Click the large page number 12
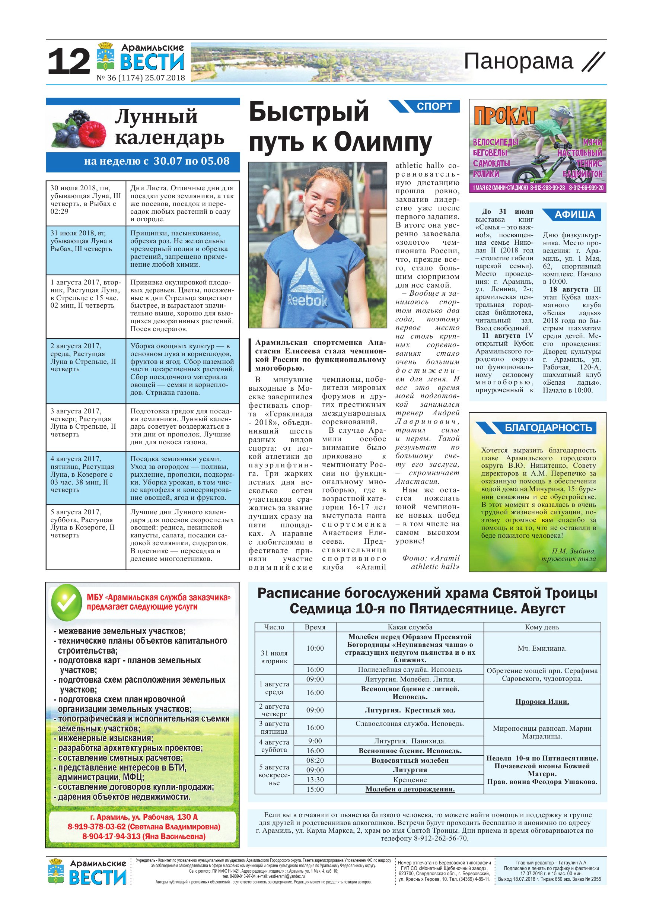69,62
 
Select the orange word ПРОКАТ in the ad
505,116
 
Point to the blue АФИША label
574,215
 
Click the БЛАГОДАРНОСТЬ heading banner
548,428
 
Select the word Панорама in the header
518,61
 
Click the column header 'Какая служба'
410,627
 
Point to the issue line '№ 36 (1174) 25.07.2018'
141,78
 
